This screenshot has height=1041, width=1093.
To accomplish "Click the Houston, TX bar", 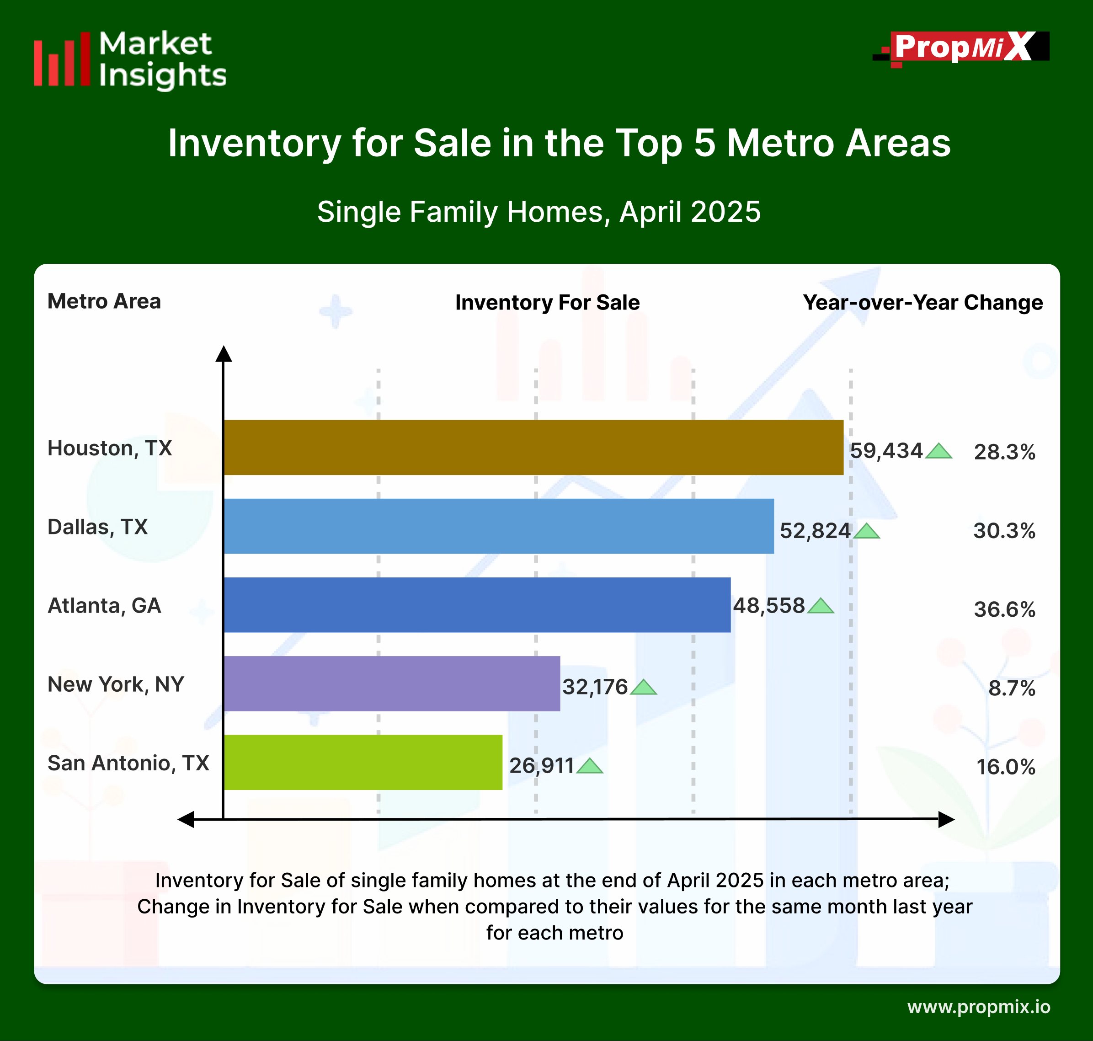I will tap(533, 447).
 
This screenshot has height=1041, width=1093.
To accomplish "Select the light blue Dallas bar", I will tap(498, 526).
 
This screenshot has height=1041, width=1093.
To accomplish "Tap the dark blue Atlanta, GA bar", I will tap(477, 605).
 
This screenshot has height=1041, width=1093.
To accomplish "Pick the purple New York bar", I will tap(392, 683).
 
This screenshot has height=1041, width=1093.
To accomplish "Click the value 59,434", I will tap(886, 451).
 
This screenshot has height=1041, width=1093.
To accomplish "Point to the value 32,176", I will tap(595, 687).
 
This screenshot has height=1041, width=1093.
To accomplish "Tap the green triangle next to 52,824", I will tap(866, 532).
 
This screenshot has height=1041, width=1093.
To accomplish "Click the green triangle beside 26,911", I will tap(589, 766).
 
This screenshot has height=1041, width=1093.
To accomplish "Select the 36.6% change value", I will tap(1004, 609).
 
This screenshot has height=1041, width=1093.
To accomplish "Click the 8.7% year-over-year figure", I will tap(1012, 688).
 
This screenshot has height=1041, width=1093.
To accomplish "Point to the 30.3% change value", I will tap(1004, 530).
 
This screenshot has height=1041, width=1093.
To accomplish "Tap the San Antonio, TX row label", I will tap(128, 763).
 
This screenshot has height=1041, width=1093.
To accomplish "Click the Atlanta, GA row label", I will tap(104, 605).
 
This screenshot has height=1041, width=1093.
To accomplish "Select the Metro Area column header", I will tap(104, 301).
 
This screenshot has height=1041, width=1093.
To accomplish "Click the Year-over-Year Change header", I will tap(922, 302).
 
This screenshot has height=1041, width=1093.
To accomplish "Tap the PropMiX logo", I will tap(961, 48).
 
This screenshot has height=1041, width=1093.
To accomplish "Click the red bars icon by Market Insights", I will tap(62, 59).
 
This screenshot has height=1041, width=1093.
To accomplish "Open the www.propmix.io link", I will tap(979, 1007).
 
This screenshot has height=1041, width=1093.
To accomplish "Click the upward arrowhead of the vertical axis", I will tap(224, 353).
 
